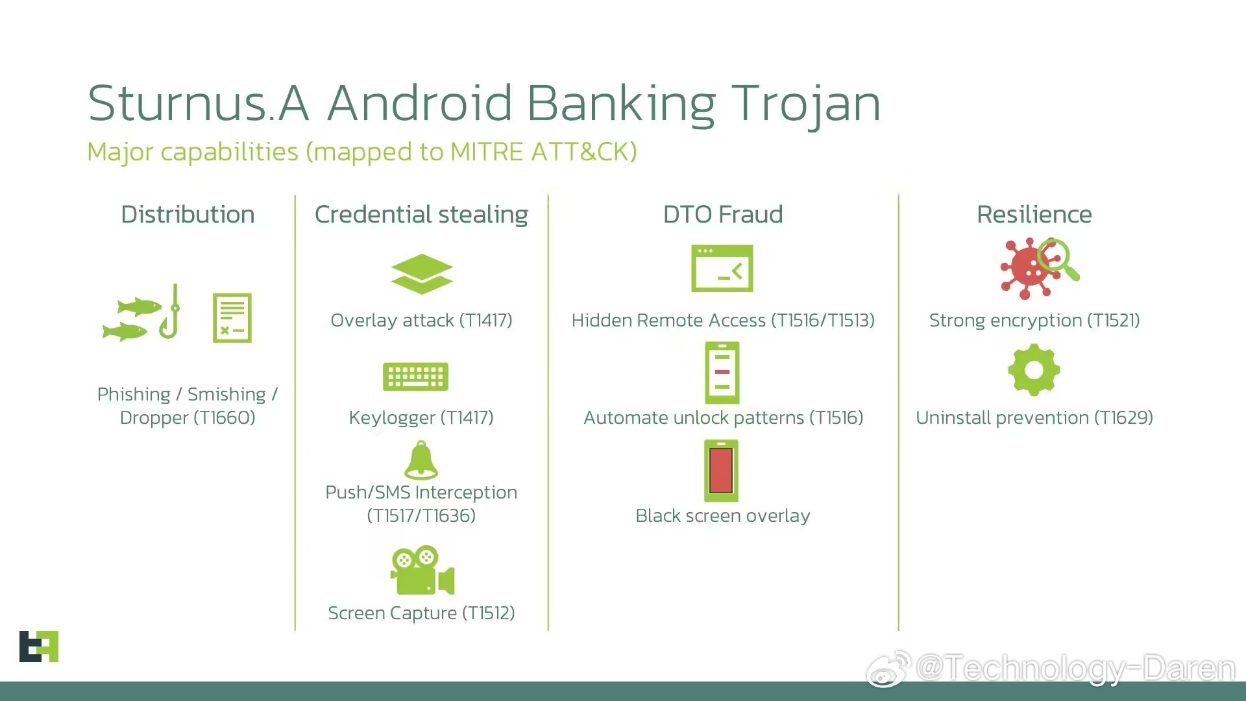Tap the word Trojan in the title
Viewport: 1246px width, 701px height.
tap(806, 104)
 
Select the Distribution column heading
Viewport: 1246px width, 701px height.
tap(188, 214)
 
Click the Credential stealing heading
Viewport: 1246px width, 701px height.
tap(421, 215)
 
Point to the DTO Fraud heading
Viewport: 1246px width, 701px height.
tap(723, 214)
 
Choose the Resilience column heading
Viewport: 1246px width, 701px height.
tap(1034, 214)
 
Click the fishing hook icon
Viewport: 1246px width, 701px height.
tap(171, 312)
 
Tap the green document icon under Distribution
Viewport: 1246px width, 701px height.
tap(232, 317)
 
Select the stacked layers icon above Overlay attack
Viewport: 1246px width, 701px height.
tap(422, 274)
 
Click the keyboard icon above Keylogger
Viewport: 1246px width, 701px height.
tap(415, 376)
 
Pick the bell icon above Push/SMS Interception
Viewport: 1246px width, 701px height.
tap(421, 460)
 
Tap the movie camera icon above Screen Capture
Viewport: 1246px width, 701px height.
tap(422, 571)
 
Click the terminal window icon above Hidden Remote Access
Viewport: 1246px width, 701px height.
tap(722, 268)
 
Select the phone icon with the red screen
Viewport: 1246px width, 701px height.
tap(722, 471)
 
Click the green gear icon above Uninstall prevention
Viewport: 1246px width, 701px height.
tap(1034, 370)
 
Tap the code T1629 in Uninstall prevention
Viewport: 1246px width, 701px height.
tap(1123, 417)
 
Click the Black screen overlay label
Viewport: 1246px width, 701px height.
tap(723, 515)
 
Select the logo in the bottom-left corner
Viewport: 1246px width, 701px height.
tap(39, 646)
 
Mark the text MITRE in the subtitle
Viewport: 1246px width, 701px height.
tap(487, 152)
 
